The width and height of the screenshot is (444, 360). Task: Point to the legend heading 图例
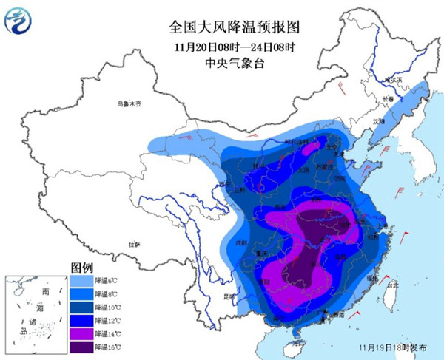tap(81, 267)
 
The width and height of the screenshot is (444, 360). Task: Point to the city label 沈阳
tap(379, 120)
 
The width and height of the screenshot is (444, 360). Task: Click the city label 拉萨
tap(133, 244)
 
